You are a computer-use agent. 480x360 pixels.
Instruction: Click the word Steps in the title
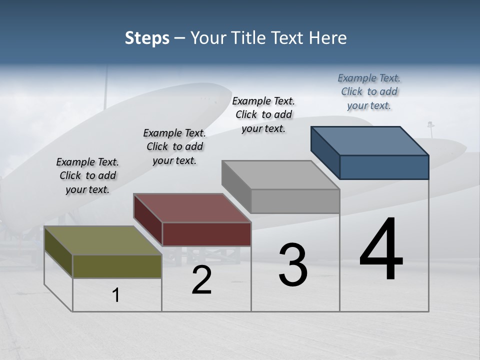(147, 38)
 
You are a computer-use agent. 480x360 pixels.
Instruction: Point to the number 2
(201, 280)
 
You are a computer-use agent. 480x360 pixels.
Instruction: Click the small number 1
(116, 295)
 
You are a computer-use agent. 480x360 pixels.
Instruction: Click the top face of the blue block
(370, 140)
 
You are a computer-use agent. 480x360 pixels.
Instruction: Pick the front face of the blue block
(384, 167)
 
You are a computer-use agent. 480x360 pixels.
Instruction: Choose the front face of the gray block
(295, 201)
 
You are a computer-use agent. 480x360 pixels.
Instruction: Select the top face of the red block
(192, 207)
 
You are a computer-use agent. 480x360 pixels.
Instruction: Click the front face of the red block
(206, 234)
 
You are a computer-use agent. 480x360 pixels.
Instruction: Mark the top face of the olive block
(103, 240)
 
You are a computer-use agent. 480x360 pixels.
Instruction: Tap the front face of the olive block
(117, 266)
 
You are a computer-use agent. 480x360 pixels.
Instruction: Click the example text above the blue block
(369, 91)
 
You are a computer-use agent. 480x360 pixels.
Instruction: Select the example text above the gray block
(263, 114)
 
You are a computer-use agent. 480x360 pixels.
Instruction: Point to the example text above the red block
(174, 146)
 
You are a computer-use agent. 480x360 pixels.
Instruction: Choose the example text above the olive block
(87, 175)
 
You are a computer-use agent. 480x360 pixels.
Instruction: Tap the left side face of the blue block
(325, 152)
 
